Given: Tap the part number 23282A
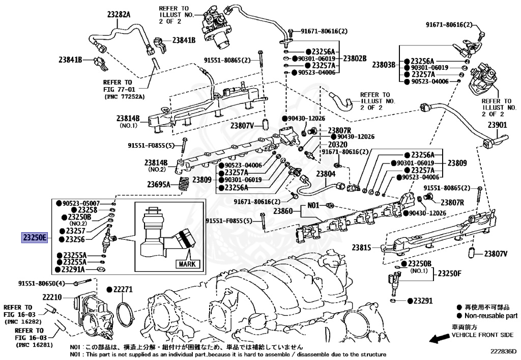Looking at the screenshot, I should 119,15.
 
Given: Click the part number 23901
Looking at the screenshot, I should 498,125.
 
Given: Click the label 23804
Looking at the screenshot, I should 326,174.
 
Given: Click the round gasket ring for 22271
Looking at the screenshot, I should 124,315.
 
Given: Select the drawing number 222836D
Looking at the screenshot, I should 503,351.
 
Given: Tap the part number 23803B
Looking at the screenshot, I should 384,65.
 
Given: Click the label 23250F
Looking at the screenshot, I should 450,273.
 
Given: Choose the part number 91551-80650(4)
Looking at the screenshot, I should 42,283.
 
